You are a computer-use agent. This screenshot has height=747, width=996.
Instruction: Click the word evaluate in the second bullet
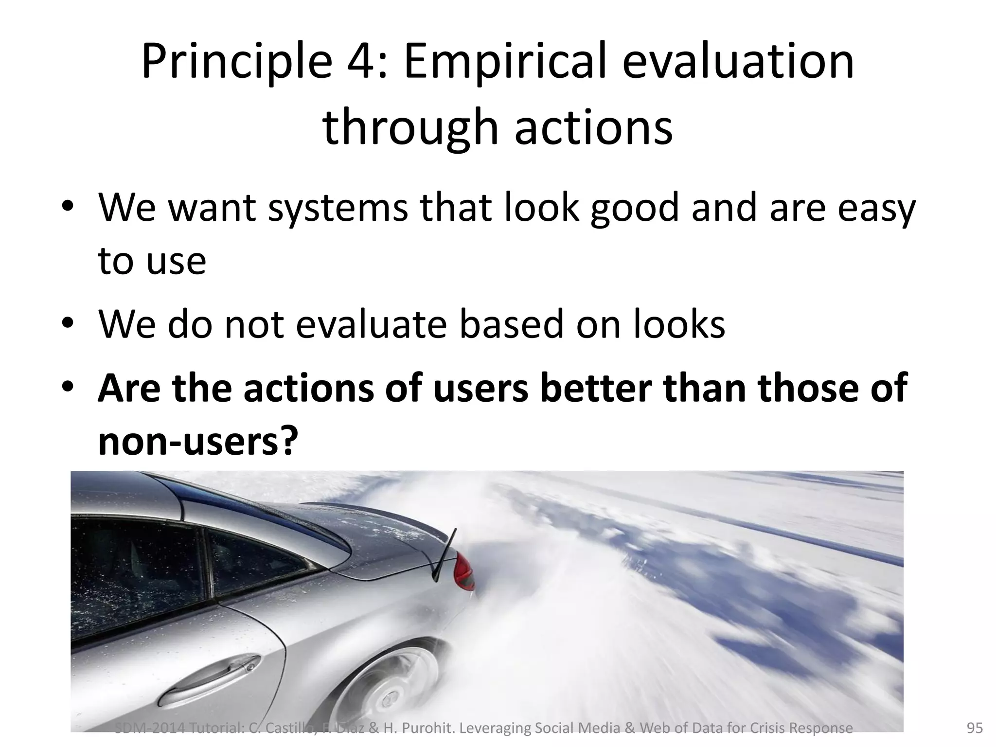(371, 324)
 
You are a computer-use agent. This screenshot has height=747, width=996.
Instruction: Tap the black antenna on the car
(445, 554)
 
